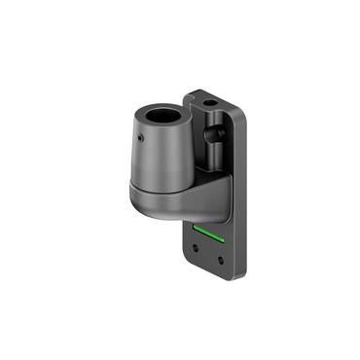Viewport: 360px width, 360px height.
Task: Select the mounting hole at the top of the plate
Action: [212, 101]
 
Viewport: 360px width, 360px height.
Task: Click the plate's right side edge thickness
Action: [241, 195]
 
